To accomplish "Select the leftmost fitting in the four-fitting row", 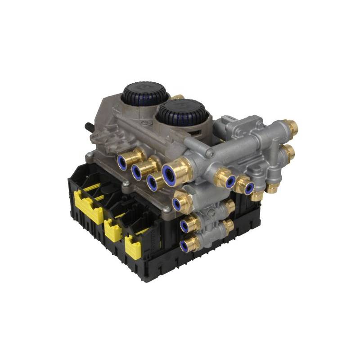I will coord(122,162).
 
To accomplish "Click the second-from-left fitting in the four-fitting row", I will coord(138,171).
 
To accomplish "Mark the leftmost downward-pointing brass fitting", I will coord(257,196).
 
